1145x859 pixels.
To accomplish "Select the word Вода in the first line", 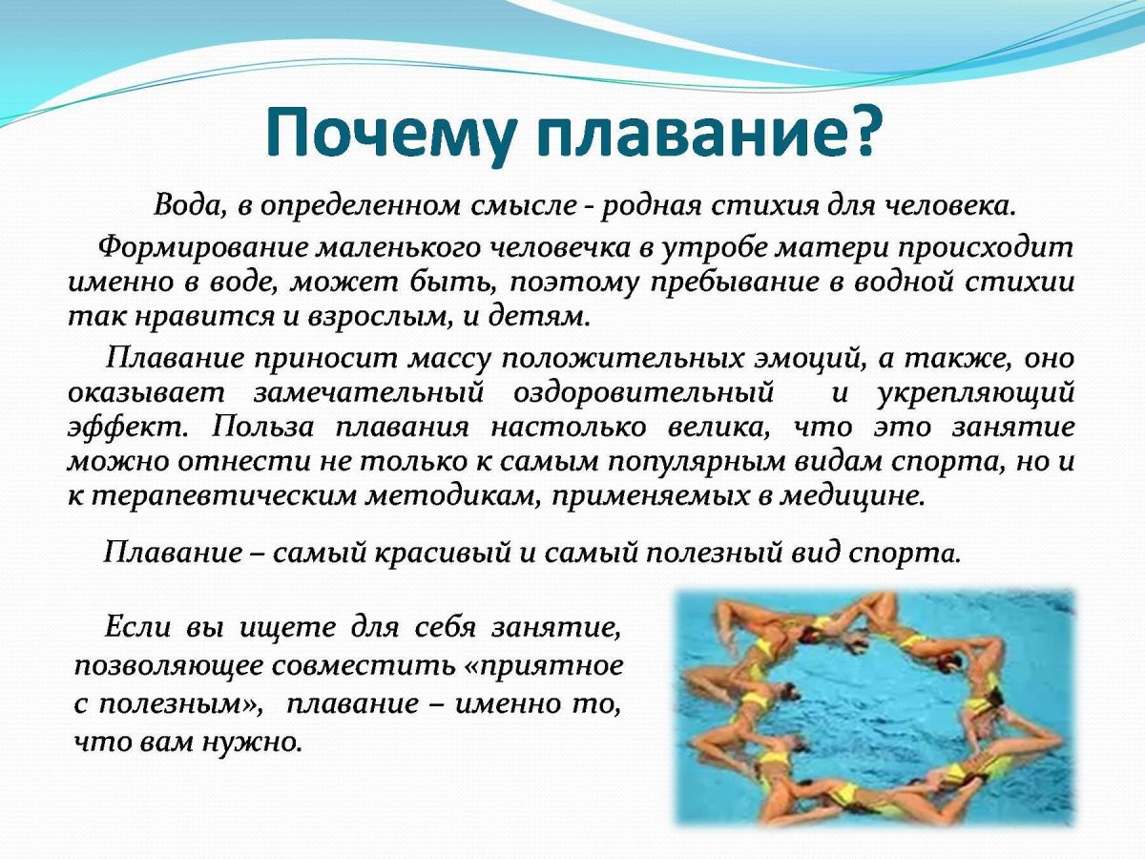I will [187, 205].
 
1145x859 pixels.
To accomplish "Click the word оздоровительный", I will [643, 392].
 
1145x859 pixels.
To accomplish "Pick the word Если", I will [134, 627].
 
